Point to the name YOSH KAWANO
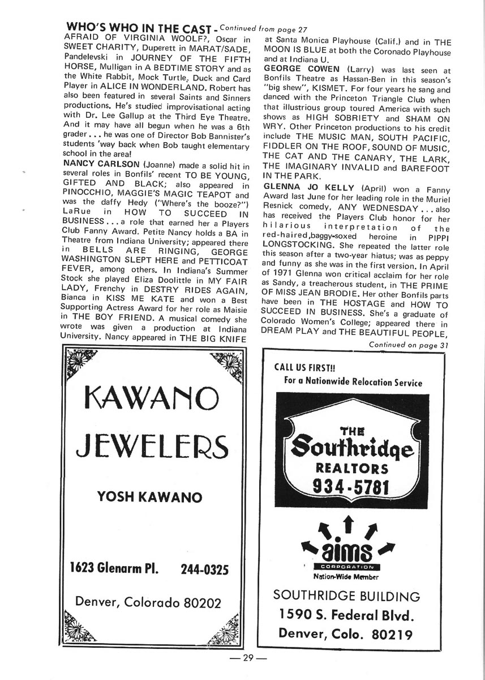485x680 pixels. pyautogui.click(x=149, y=498)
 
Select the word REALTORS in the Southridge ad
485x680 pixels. pyautogui.click(x=351, y=468)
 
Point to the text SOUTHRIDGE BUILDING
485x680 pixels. pyautogui.click(x=346, y=596)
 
